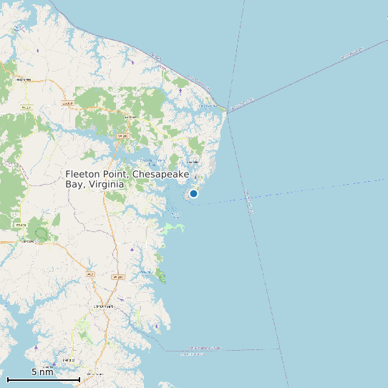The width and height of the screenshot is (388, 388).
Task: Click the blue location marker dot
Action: click(193, 193)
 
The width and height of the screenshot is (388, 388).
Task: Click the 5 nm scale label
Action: click(42, 372)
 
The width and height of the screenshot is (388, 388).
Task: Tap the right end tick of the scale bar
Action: click(79, 378)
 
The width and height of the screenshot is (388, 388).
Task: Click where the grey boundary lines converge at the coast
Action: click(228, 110)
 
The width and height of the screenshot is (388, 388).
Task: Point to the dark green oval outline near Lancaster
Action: click(42, 233)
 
